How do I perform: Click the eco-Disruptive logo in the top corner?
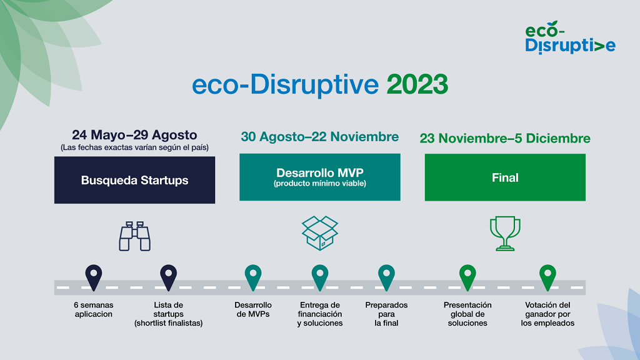[x=569, y=37]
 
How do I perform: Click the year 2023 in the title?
[x=417, y=84]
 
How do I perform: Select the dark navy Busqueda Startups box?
[x=134, y=180]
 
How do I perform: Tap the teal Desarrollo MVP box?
[x=319, y=177]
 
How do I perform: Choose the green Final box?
[x=505, y=177]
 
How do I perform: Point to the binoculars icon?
[x=135, y=236]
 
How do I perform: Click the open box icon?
[x=319, y=232]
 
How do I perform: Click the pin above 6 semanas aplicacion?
[x=93, y=277]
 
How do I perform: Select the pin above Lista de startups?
[x=168, y=277]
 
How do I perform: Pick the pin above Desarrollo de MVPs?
[x=253, y=277]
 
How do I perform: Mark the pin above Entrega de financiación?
[x=320, y=277]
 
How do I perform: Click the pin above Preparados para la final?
[x=386, y=277]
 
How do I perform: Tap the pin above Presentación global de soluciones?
[x=467, y=277]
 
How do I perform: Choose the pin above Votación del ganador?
[x=547, y=277]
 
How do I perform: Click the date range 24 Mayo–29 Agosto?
[x=134, y=135]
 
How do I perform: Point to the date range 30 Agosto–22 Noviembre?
[x=319, y=137]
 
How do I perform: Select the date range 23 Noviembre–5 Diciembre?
[x=505, y=138]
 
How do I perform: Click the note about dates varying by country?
[x=134, y=147]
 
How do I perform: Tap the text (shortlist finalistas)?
[x=168, y=323]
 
